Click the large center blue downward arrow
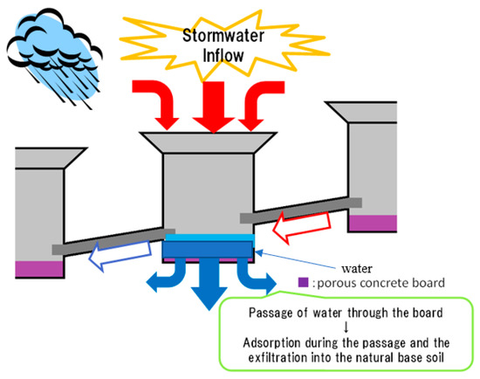tap(208, 284)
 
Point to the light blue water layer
tap(209, 237)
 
